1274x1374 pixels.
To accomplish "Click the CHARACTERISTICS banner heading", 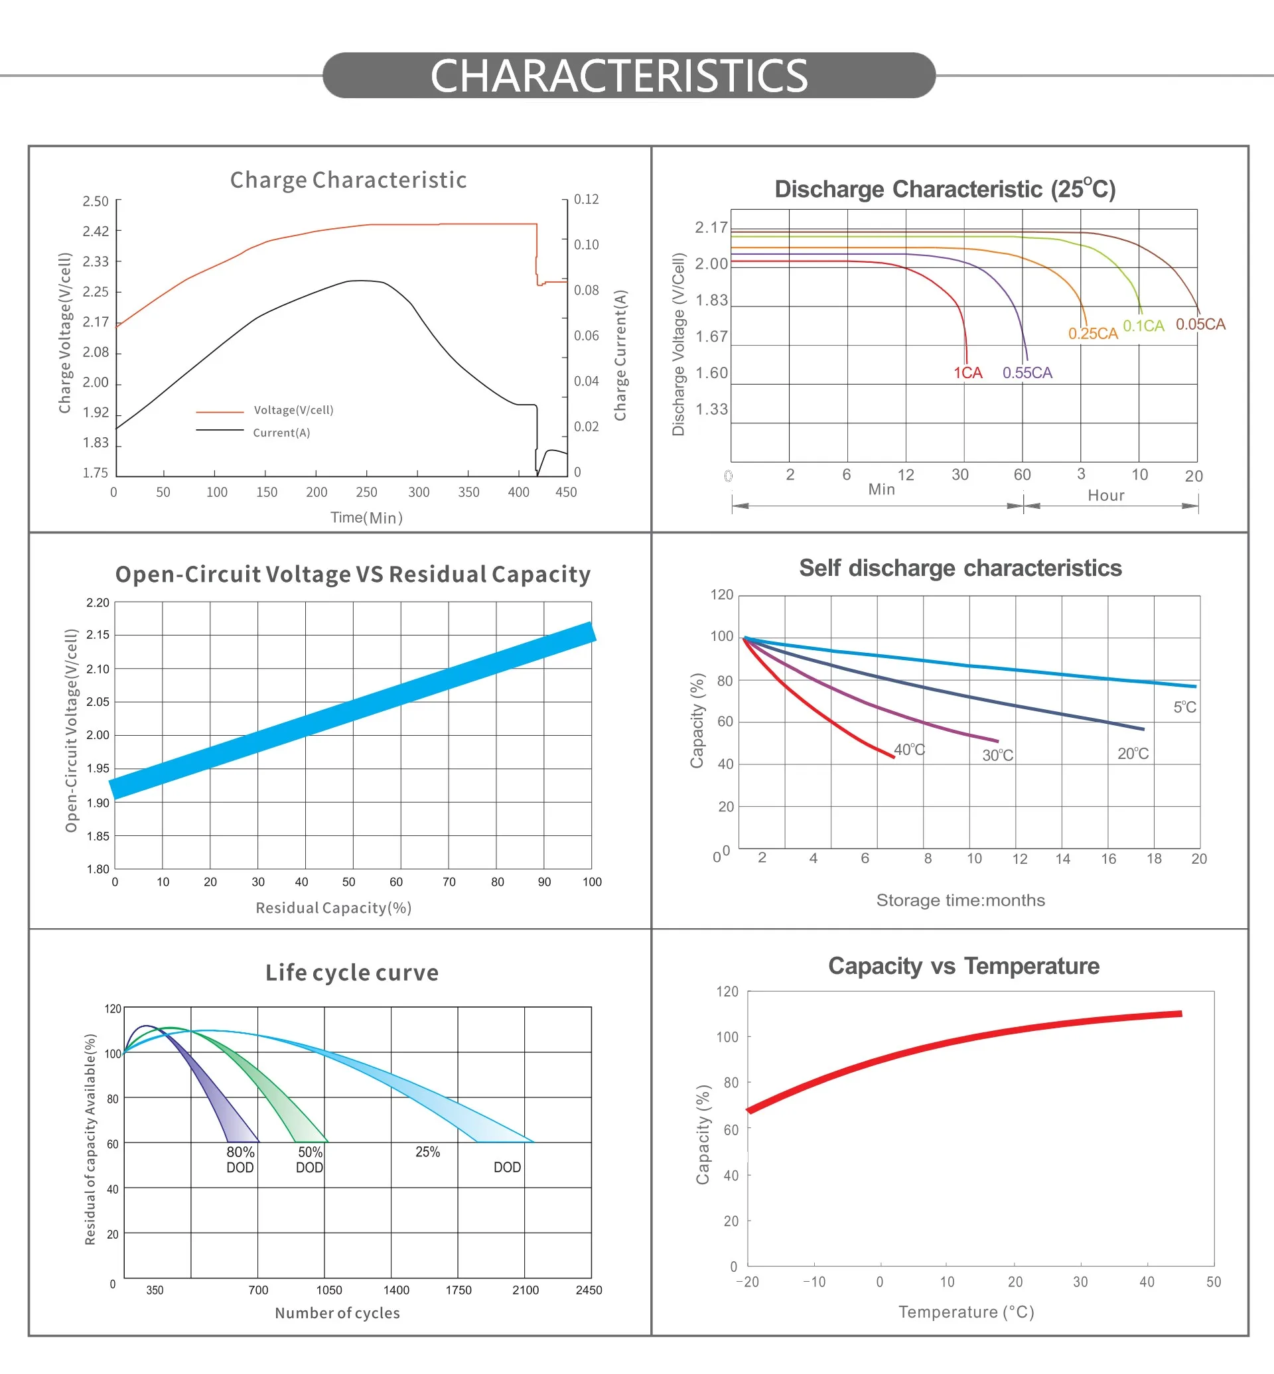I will (x=618, y=76).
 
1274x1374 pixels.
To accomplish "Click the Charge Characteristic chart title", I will (x=348, y=180).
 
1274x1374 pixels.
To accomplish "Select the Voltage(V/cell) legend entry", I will (x=293, y=410).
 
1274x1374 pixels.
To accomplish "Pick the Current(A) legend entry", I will (x=281, y=433).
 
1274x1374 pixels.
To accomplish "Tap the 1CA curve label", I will (x=967, y=373).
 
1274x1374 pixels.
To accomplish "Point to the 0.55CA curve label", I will (x=1026, y=373).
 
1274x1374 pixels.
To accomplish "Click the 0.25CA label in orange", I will (x=1093, y=334).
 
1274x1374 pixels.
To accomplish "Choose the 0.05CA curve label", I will (x=1200, y=324).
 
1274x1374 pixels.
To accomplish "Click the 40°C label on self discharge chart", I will (x=909, y=750).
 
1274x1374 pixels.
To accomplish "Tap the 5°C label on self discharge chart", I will (x=1184, y=707).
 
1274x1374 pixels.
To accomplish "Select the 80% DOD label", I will (x=240, y=1159).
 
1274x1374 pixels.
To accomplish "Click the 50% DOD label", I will (x=309, y=1159).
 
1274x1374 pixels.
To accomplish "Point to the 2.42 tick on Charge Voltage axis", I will (x=96, y=231).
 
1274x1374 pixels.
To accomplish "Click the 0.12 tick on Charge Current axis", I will (x=586, y=199).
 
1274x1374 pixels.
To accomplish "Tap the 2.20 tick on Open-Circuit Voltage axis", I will (x=98, y=602).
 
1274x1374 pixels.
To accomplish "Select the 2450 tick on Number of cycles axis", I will (x=588, y=1290).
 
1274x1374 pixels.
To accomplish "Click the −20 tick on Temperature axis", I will (x=746, y=1282).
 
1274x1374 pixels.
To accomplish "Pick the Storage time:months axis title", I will (x=960, y=900).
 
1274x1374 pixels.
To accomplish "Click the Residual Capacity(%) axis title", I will (x=334, y=908).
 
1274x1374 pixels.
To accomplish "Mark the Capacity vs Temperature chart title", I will (x=963, y=966).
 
